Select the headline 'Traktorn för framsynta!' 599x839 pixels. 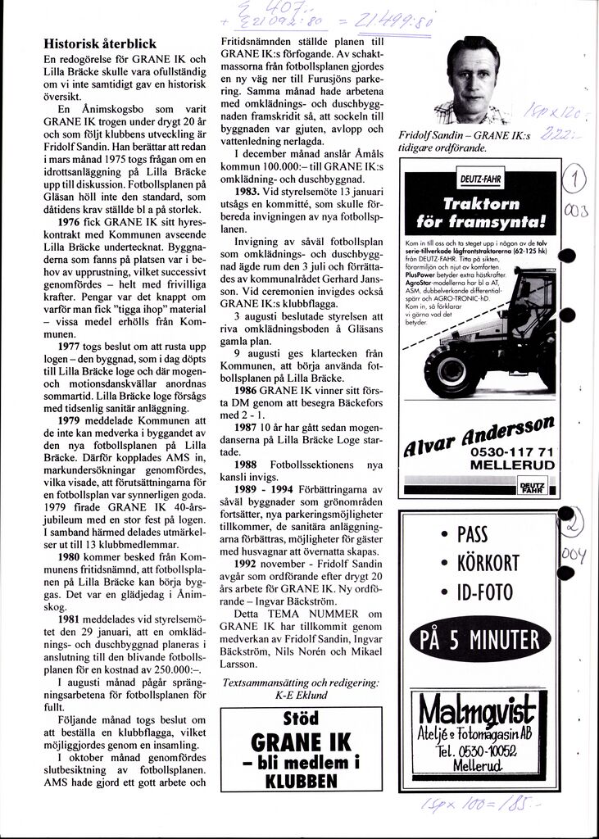(480, 211)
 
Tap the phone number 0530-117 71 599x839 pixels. (513, 452)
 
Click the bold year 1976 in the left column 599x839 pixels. (61, 221)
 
